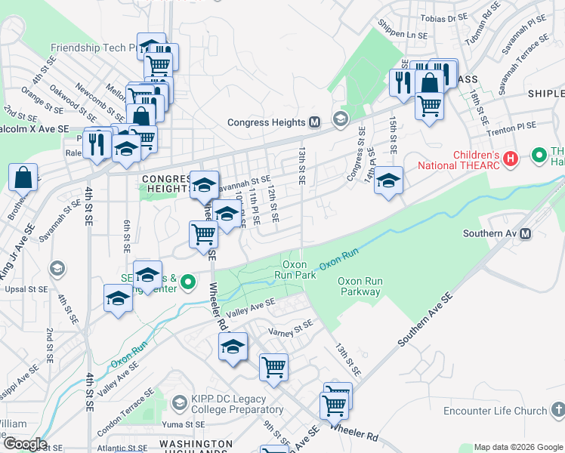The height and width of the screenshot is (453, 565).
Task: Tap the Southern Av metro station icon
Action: click(526, 233)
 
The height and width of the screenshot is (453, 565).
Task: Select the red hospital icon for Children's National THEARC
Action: click(511, 159)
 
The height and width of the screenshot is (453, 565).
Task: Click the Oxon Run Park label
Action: click(298, 270)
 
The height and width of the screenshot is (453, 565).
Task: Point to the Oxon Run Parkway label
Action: click(360, 286)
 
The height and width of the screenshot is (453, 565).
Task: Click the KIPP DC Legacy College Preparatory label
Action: click(228, 404)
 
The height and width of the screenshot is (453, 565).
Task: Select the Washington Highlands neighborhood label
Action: click(196, 444)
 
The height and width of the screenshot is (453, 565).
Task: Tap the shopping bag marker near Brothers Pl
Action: click(23, 177)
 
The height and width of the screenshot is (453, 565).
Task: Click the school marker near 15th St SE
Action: click(389, 180)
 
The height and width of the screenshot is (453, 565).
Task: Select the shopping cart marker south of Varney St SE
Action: click(273, 367)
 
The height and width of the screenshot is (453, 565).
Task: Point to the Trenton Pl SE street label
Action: click(511, 125)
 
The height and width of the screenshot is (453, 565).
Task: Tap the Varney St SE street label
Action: click(290, 329)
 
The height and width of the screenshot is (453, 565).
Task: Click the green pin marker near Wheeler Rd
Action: click(190, 284)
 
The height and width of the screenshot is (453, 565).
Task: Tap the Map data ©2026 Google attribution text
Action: click(517, 447)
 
